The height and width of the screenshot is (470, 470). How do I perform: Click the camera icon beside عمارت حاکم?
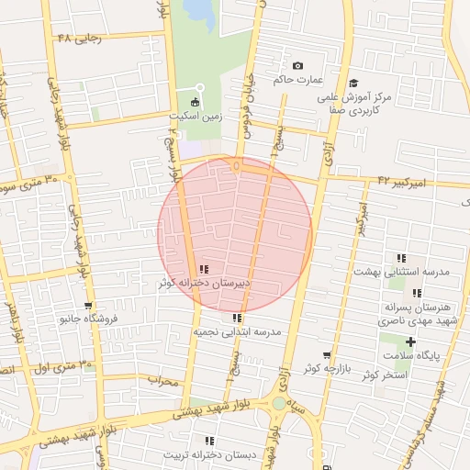click(x=297, y=66)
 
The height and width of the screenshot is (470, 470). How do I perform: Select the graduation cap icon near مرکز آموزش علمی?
click(x=354, y=82)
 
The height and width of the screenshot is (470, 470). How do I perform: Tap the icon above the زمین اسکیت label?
click(x=194, y=102)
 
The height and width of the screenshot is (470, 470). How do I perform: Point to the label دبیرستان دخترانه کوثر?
click(x=204, y=284)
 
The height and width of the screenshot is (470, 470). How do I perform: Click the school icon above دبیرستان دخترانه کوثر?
click(x=204, y=270)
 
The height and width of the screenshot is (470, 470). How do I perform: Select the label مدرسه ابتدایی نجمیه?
click(x=236, y=331)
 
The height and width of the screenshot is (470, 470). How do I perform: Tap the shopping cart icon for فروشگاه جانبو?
click(x=87, y=307)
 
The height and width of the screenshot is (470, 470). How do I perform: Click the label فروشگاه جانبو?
click(x=87, y=320)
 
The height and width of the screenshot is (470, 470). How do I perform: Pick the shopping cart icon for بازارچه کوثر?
click(x=326, y=355)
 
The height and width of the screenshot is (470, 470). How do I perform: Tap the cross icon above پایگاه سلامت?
click(x=411, y=341)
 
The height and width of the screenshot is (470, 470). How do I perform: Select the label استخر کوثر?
click(x=384, y=375)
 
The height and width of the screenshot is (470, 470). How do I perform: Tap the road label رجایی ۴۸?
click(x=77, y=39)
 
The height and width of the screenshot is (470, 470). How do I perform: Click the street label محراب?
click(x=162, y=380)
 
